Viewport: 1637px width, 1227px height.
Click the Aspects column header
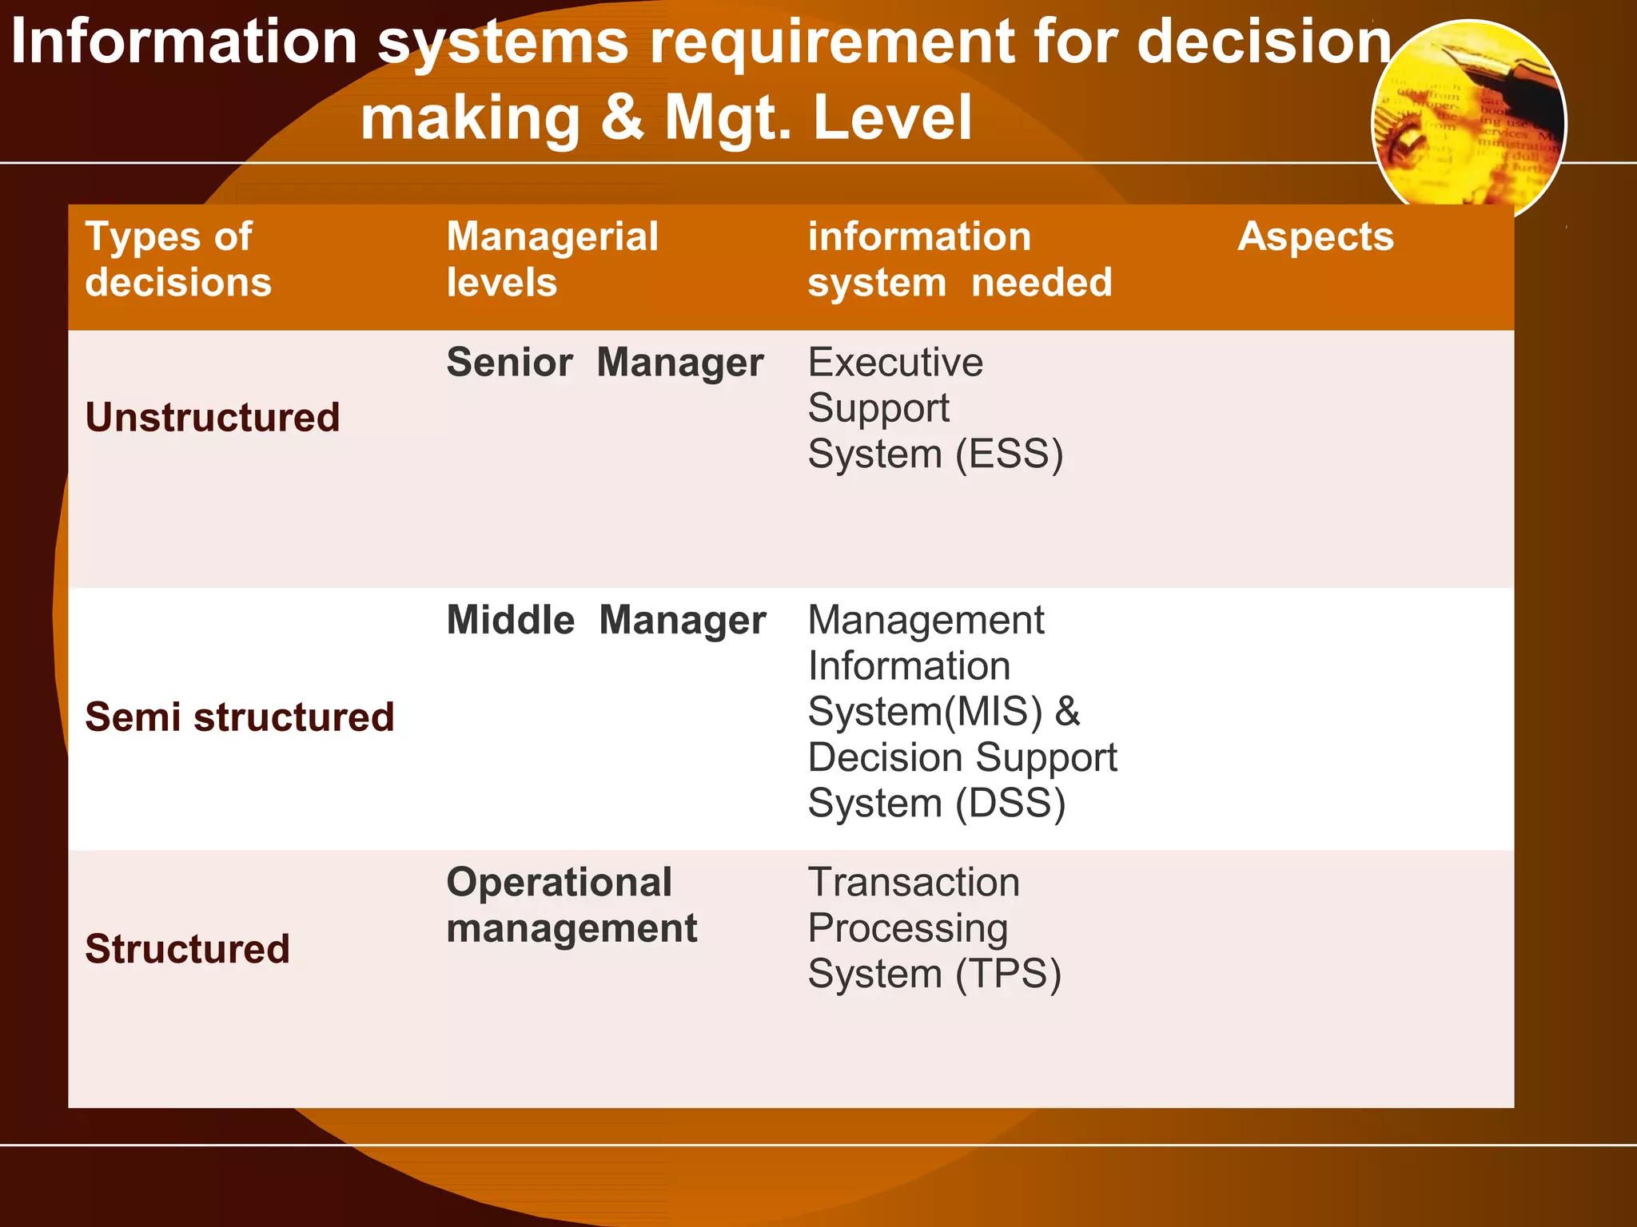[x=1315, y=236]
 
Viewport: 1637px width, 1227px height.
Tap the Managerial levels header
[x=552, y=260]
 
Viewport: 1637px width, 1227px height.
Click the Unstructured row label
[x=213, y=418]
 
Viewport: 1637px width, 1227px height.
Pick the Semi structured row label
[x=240, y=717]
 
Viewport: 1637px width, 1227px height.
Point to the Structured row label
[x=187, y=949]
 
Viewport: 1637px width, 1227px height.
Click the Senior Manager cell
[x=604, y=363]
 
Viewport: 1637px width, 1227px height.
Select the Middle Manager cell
[x=606, y=621]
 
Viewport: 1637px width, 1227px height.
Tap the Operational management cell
[x=571, y=905]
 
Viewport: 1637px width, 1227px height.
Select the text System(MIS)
[x=925, y=711]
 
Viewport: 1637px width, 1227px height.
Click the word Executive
[x=895, y=363]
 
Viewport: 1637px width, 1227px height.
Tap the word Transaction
[x=914, y=883]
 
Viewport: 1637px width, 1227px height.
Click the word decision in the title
[x=1264, y=42]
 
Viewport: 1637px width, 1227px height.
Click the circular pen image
[x=1468, y=120]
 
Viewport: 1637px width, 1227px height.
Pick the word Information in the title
[x=184, y=42]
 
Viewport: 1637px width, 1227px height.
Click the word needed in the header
[x=1041, y=283]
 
